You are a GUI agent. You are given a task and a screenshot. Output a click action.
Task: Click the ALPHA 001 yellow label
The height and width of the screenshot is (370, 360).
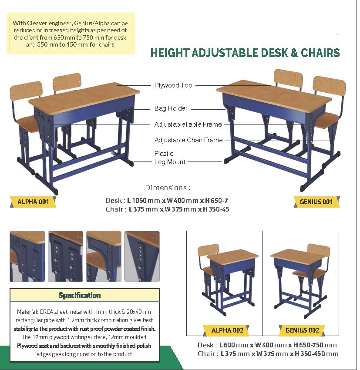[33, 202]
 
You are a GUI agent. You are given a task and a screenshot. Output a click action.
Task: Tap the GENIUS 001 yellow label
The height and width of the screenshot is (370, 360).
[316, 202]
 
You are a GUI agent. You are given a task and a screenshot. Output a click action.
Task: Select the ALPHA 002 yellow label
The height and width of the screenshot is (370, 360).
[227, 330]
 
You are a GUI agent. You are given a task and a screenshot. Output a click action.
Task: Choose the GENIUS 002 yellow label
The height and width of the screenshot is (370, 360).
[302, 330]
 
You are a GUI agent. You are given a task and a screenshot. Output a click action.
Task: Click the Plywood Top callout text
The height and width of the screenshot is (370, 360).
[173, 85]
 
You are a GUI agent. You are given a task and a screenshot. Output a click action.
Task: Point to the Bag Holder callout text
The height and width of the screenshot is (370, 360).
[171, 108]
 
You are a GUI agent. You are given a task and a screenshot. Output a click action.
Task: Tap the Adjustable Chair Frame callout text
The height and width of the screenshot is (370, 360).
[188, 140]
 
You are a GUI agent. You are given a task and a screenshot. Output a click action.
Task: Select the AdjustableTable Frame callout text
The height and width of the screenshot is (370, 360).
[188, 124]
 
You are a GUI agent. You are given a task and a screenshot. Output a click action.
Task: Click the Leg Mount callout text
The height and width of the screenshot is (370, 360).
[170, 162]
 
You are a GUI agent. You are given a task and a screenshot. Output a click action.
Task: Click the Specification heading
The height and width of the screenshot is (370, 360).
[80, 295]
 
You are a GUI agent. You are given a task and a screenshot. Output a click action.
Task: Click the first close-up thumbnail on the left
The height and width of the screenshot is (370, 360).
[27, 256]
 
